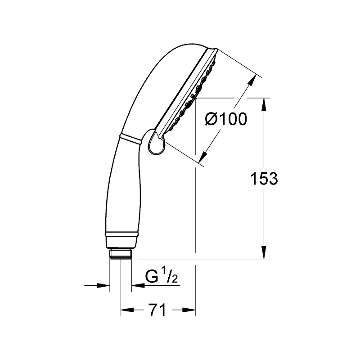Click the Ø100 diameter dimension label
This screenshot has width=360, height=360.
(x=226, y=119)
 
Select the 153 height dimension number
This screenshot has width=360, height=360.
(x=264, y=179)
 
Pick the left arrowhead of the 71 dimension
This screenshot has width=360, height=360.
(x=126, y=310)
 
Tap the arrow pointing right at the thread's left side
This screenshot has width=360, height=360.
(x=105, y=285)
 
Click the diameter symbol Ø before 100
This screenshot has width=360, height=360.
(x=211, y=119)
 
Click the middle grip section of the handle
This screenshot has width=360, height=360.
(x=124, y=189)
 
